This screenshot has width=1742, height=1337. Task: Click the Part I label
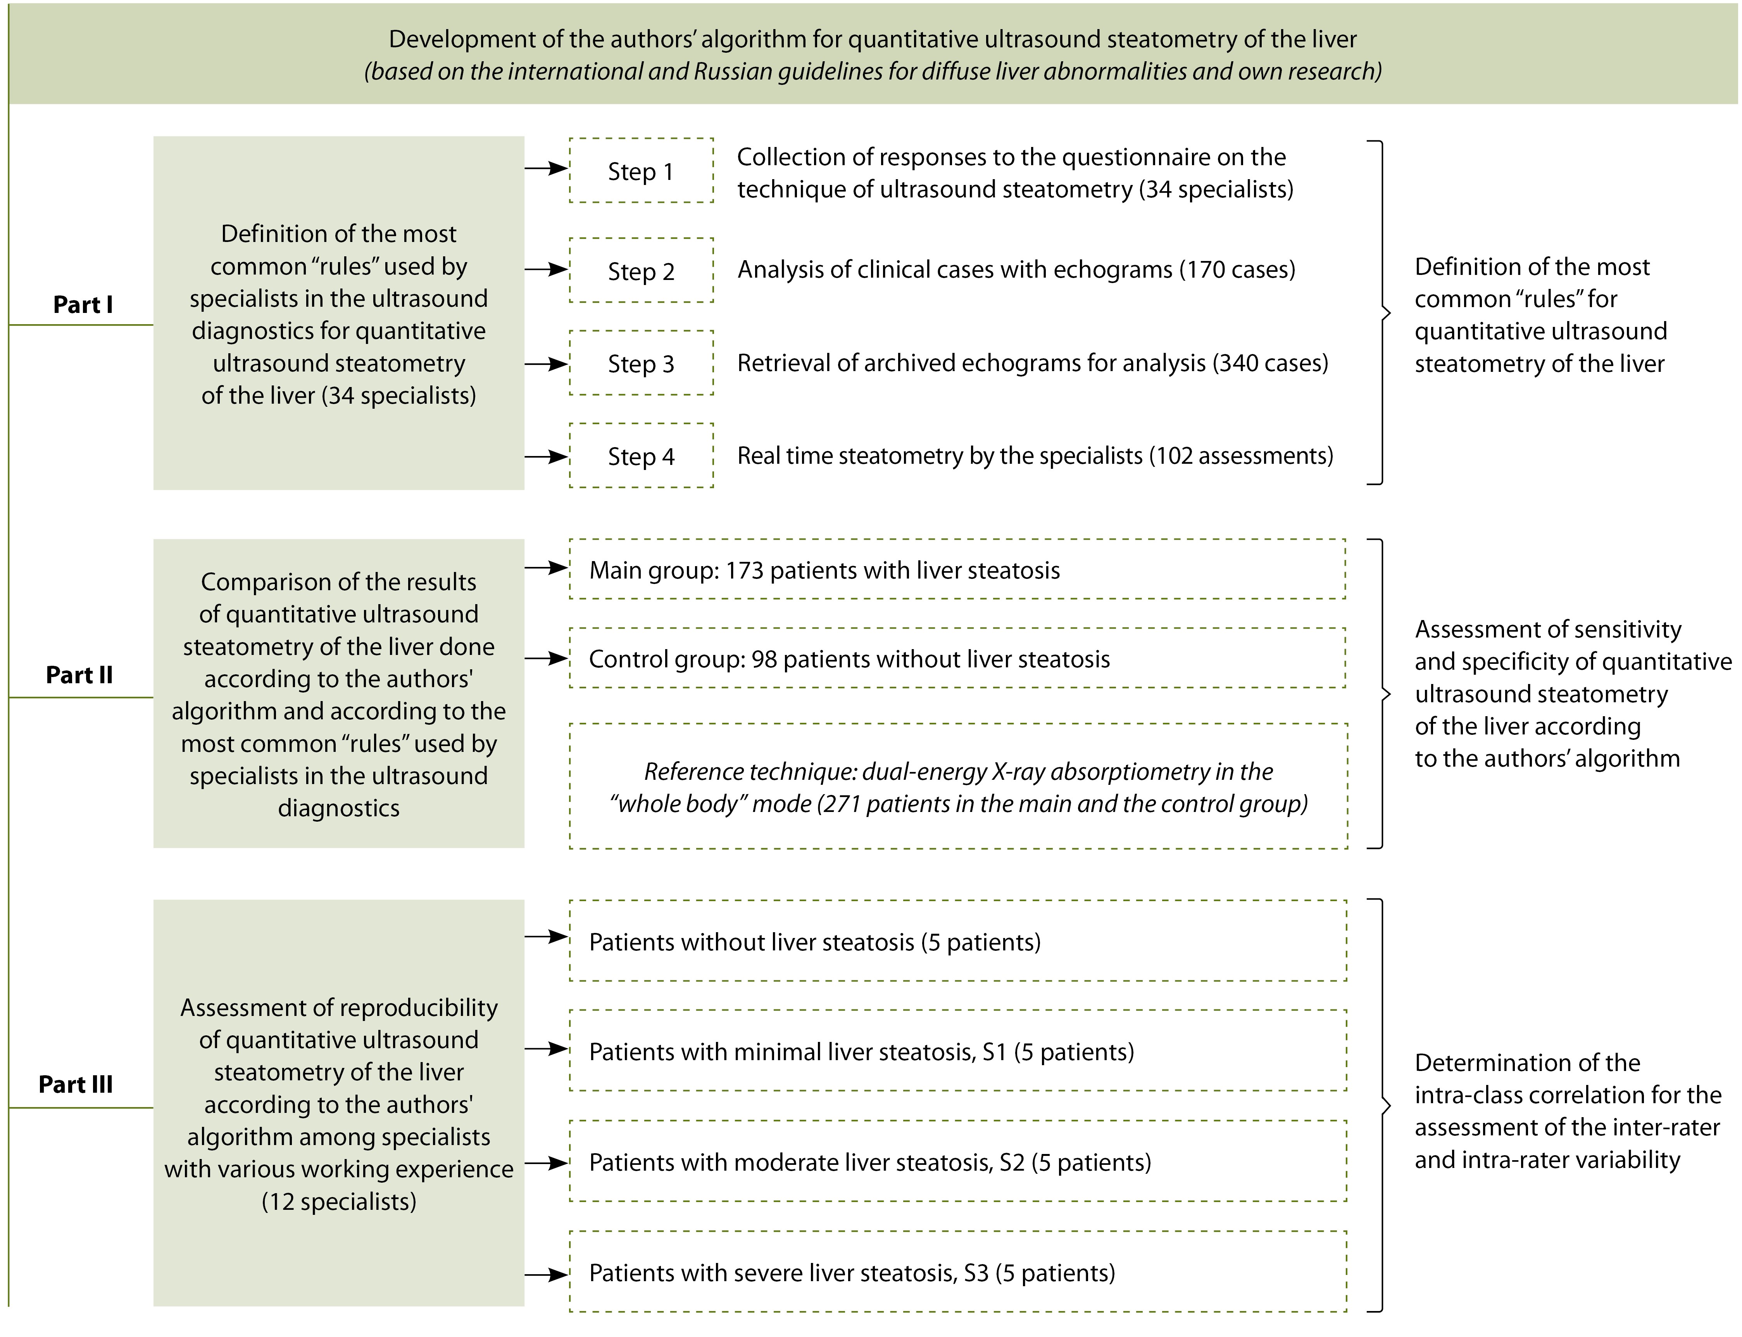(83, 304)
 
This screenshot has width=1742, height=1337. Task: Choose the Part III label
(76, 1084)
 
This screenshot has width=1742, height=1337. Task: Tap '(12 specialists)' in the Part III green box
(339, 1201)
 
